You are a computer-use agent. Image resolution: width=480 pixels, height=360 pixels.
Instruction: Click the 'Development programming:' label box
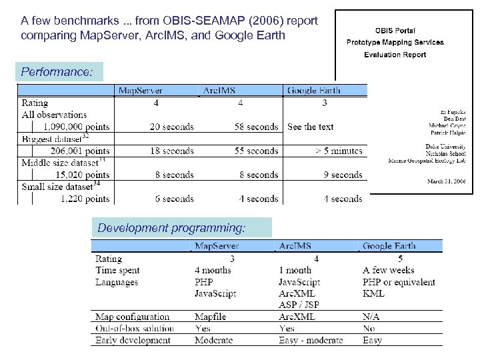point(171,228)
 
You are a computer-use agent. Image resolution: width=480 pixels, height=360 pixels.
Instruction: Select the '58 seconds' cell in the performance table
point(253,127)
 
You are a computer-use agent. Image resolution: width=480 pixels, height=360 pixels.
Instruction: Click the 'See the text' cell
point(311,127)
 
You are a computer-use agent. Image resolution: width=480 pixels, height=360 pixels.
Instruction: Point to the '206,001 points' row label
point(76,151)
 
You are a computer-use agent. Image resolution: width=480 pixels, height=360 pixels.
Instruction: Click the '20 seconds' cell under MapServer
point(171,127)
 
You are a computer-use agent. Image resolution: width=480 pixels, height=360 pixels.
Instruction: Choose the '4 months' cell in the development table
point(213,270)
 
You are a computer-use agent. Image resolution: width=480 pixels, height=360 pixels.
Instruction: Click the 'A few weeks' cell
point(388,270)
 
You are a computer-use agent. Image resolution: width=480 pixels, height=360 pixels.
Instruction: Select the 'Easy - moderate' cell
point(311,340)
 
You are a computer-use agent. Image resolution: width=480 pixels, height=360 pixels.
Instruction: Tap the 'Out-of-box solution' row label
point(135,328)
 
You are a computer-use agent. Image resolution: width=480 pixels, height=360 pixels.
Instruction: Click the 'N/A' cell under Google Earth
point(372,317)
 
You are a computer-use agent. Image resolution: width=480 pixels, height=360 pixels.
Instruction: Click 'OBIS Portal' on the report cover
point(395,31)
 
